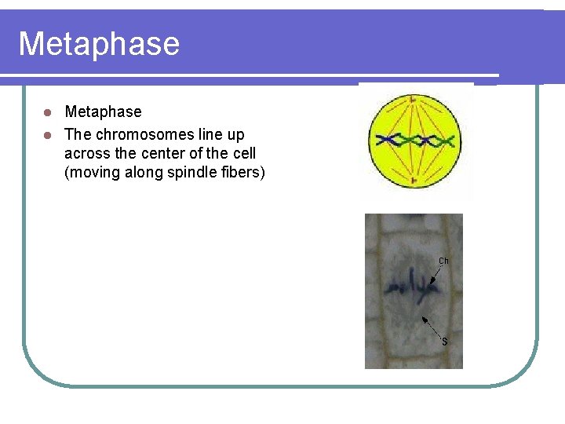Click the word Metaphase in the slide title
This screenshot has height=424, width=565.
pos(99,44)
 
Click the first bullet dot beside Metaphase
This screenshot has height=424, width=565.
pos(47,111)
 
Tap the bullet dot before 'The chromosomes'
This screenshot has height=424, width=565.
pos(47,134)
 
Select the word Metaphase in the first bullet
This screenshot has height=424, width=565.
pos(103,111)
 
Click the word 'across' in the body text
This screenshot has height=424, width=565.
pos(84,152)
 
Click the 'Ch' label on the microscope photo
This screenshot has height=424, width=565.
pos(443,261)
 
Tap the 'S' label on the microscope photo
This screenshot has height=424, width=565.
pos(444,342)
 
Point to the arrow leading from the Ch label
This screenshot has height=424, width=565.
pos(436,273)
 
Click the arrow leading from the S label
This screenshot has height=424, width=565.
pos(432,327)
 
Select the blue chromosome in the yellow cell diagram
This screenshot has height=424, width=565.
pos(416,141)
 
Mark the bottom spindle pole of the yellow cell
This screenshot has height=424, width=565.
pos(414,181)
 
